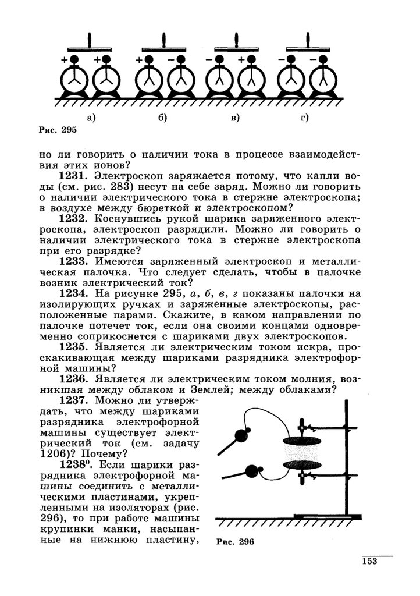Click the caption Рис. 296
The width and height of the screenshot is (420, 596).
tap(236, 541)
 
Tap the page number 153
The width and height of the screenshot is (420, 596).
tap(369, 561)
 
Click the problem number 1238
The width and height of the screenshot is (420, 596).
tap(74, 464)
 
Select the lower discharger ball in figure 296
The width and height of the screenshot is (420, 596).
tap(252, 470)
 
